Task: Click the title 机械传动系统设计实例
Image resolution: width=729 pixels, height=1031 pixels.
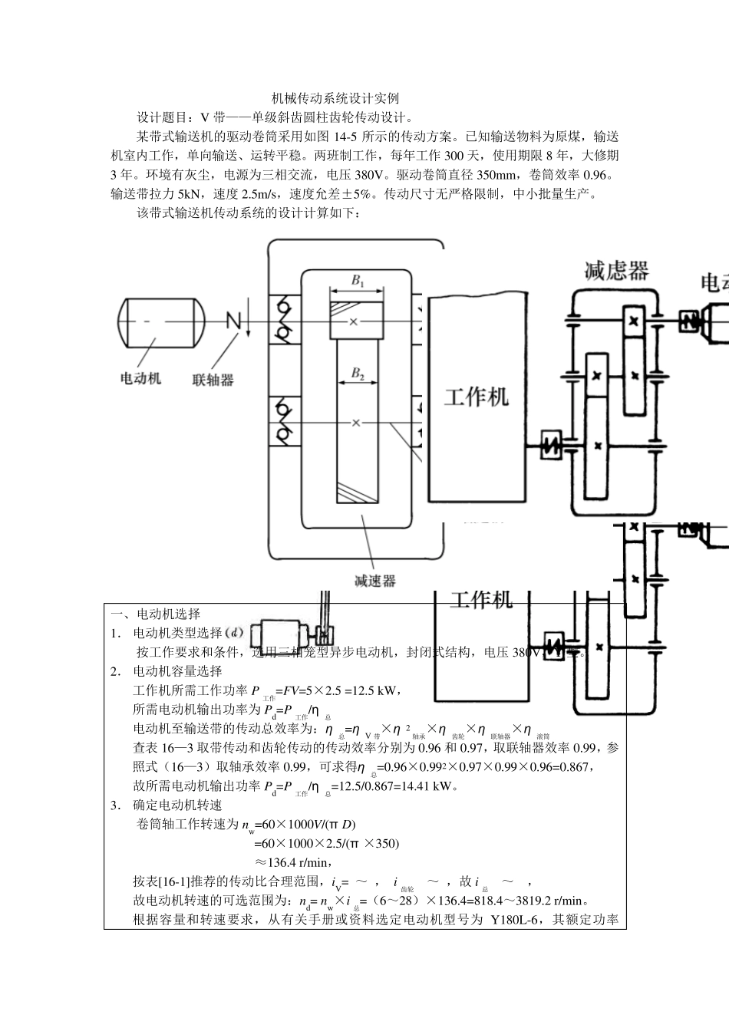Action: tap(335, 99)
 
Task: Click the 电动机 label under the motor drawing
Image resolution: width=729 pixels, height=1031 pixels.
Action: tap(141, 379)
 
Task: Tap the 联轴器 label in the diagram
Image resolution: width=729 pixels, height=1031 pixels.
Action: tap(213, 380)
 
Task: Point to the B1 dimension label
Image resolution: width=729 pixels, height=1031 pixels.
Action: tap(358, 281)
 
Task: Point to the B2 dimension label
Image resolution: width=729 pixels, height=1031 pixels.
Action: tap(358, 374)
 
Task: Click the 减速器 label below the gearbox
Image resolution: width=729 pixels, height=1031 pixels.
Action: tap(375, 581)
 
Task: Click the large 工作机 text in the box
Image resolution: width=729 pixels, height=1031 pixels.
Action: tap(477, 397)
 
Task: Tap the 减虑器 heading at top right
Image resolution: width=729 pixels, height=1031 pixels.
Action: tap(616, 271)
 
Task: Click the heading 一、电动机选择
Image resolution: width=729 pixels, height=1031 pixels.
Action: tap(156, 614)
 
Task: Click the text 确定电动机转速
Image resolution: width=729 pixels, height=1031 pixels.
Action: tap(177, 805)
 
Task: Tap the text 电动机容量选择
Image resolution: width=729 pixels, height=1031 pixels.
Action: tap(177, 671)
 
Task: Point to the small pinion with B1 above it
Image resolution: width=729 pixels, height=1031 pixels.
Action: tap(357, 321)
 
